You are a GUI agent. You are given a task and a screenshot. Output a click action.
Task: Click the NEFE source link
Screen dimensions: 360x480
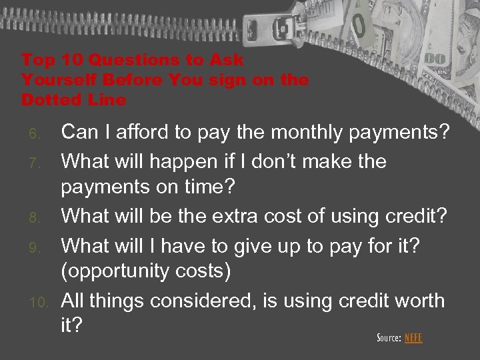(x=413, y=338)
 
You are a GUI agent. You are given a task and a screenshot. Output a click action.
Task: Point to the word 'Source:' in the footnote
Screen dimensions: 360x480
(x=389, y=338)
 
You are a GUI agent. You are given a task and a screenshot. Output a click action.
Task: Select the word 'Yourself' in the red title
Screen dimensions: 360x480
(x=56, y=80)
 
